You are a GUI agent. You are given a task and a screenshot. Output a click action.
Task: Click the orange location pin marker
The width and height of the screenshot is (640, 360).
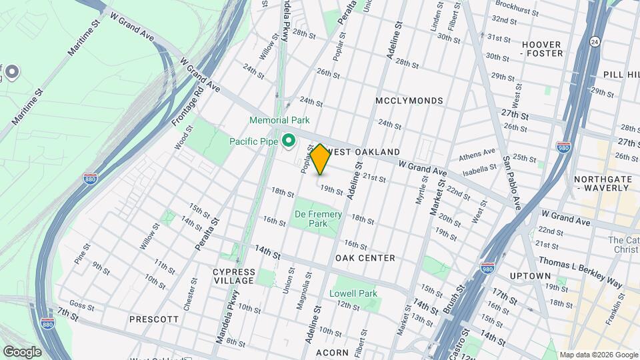[320, 159]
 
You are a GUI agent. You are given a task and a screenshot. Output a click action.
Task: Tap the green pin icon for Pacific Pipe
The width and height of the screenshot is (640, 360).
[289, 141]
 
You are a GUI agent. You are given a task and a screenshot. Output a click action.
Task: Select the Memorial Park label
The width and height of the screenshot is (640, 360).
[279, 121]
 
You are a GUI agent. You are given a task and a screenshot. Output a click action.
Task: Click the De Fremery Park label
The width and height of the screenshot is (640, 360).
[318, 219]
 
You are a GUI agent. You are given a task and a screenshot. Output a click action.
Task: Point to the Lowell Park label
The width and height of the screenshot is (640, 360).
[353, 293]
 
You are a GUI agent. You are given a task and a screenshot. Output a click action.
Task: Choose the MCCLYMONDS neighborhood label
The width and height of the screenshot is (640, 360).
[409, 101]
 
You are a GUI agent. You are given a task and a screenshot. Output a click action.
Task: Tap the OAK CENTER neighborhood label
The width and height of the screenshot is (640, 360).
[365, 258]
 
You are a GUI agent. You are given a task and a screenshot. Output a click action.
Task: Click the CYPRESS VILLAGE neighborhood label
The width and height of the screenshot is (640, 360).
[233, 276]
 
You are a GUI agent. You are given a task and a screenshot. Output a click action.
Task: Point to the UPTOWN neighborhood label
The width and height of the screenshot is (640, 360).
[529, 276]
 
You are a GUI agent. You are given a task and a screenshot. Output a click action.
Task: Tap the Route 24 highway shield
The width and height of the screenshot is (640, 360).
[594, 42]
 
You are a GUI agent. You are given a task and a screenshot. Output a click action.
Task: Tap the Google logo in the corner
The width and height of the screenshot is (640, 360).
[21, 351]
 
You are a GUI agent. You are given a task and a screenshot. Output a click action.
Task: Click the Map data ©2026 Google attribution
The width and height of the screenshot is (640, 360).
[598, 355]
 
